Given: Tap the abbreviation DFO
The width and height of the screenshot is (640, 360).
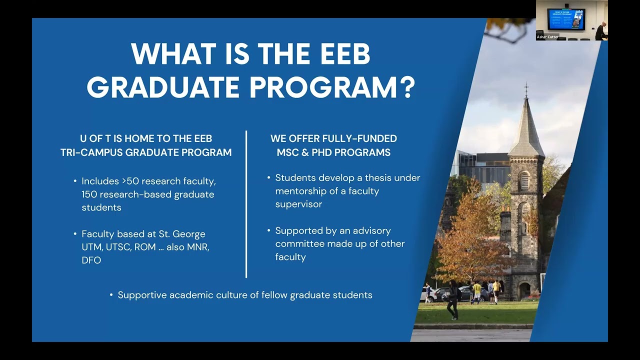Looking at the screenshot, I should click(91, 260).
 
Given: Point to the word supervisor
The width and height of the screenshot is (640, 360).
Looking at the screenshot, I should click(298, 204).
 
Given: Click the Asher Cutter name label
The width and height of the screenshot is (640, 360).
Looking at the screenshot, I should click(547, 37).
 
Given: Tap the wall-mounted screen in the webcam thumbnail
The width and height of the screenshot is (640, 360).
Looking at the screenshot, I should click(565, 18).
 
